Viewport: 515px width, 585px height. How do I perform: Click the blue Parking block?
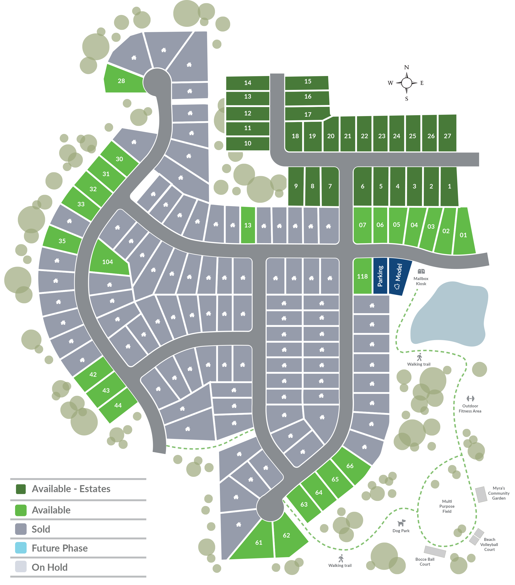click(380, 276)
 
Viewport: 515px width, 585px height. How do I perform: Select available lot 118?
click(362, 276)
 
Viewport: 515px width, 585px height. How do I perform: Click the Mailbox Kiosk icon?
click(421, 271)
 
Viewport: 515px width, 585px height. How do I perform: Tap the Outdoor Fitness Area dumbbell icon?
click(470, 398)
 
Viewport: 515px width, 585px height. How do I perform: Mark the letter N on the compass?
click(406, 68)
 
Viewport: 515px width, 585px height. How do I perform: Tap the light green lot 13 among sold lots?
click(248, 225)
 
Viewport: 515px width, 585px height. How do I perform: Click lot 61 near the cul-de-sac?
click(259, 542)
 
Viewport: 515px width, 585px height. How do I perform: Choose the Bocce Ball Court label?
click(425, 562)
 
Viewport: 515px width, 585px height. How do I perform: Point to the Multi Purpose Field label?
click(447, 506)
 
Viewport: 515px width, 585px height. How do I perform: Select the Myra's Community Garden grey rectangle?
click(481, 494)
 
